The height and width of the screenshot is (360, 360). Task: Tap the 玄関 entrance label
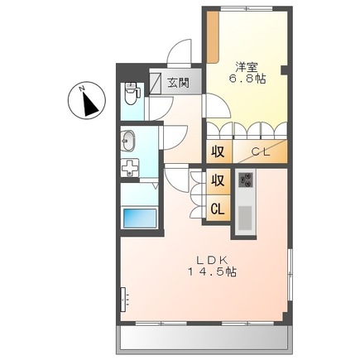pos(178,83)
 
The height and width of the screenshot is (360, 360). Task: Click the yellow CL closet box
pos(217,209)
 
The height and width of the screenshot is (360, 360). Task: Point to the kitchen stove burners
pos(246,180)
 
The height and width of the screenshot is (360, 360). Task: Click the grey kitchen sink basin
pos(246,218)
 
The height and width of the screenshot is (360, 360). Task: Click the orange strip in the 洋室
pos(213,38)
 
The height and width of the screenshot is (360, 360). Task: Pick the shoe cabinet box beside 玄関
pos(156,82)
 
